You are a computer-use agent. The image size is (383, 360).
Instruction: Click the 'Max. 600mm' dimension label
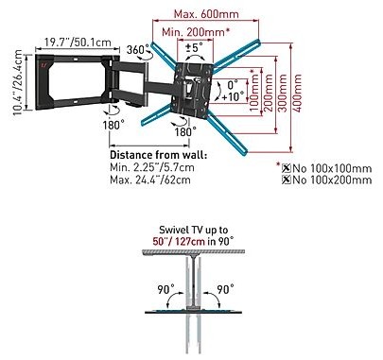206,14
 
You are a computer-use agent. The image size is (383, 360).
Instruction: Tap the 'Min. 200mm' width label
194,32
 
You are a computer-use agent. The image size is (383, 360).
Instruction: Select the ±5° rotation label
194,47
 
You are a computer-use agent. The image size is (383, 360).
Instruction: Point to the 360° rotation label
137,49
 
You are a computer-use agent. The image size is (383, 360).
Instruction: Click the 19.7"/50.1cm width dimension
78,42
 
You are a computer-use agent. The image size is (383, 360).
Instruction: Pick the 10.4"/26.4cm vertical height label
18,83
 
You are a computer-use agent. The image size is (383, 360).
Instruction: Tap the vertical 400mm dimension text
297,93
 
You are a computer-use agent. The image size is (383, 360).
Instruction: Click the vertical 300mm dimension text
283,93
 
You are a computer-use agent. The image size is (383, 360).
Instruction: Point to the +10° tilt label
233,96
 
